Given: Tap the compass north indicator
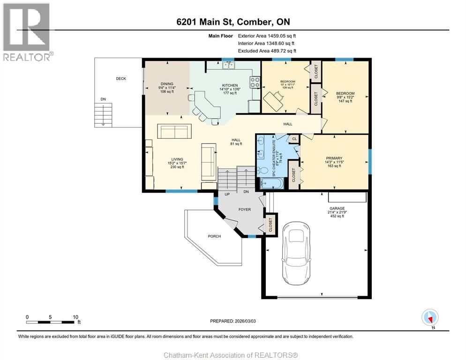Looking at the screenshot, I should click(430, 317).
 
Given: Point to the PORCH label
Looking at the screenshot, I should click(214, 236).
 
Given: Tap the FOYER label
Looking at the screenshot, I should click(244, 210).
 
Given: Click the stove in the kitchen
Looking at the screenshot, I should click(255, 82).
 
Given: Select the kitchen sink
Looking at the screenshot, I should click(228, 66).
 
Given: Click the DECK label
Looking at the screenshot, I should click(121, 79).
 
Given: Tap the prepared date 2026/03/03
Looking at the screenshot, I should click(233, 321).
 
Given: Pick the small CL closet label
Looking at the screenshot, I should click(294, 139).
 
